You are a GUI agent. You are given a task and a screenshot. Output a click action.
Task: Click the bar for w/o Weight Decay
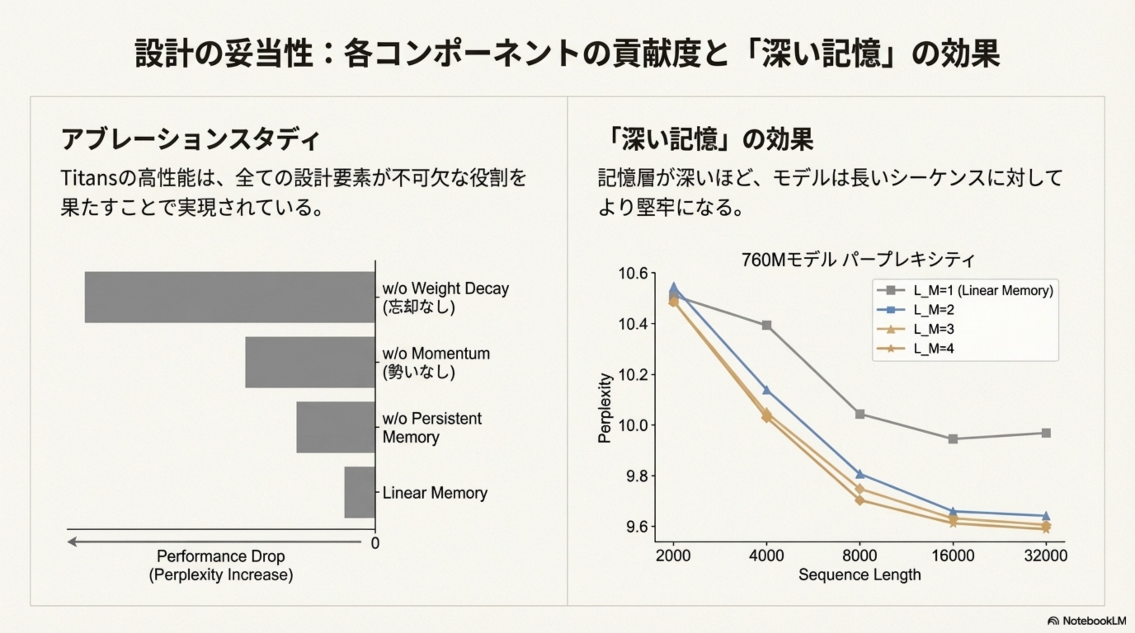point(229,297)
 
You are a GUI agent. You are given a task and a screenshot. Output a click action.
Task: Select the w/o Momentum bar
point(310,362)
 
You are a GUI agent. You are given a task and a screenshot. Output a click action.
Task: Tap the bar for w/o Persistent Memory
point(335,427)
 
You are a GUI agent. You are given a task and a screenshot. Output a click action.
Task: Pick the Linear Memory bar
point(359,492)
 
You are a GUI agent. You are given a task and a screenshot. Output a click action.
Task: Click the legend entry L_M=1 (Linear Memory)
point(982,291)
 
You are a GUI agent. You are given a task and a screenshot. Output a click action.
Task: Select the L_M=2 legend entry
point(933,310)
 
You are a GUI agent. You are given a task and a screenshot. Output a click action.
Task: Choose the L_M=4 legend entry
point(933,349)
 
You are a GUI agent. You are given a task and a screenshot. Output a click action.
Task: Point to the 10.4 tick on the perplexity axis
point(633,324)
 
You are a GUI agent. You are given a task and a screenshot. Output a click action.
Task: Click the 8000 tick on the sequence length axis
point(859,556)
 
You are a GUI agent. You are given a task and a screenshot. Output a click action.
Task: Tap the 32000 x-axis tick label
point(1046,556)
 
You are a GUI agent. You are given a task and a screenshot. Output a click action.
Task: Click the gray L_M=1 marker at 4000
point(767,325)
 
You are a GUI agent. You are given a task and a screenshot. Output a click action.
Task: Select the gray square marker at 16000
point(953,439)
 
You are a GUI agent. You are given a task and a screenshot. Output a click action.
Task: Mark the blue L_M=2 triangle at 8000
point(859,474)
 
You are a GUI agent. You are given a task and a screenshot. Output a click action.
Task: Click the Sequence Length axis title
point(859,574)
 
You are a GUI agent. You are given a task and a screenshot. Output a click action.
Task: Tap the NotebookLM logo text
point(1095,621)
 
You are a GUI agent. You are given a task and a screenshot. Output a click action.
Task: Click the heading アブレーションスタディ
point(189,140)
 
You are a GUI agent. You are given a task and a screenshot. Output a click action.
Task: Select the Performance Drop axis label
point(221,565)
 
